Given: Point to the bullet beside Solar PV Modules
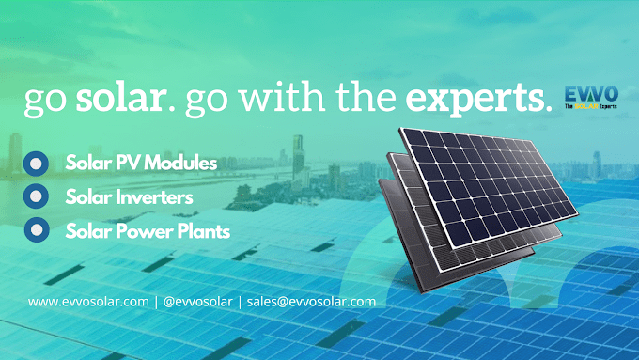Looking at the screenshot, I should coord(36,163).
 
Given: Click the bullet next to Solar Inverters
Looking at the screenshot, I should coord(36,196).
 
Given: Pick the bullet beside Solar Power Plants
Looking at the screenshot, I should coord(36,228).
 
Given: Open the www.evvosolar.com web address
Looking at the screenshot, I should coord(88,302).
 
